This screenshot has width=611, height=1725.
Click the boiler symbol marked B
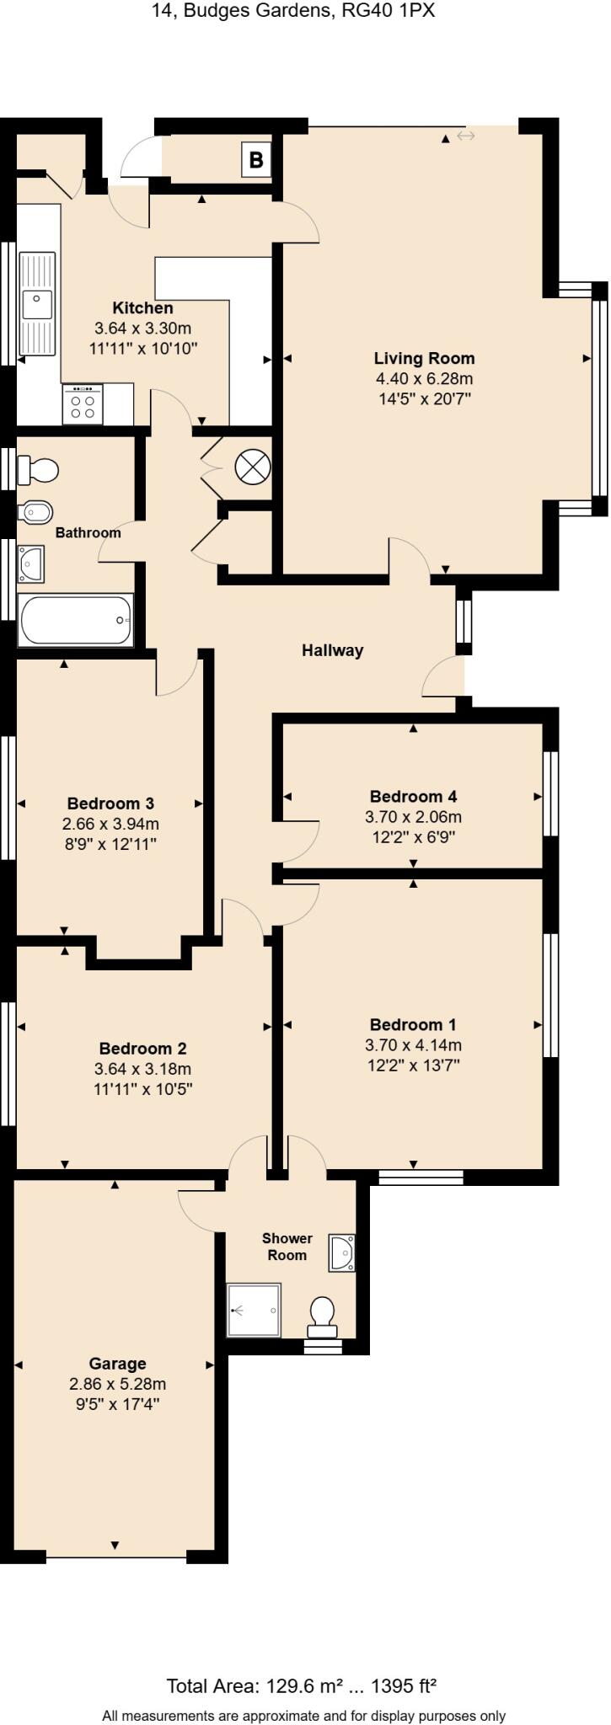click(x=256, y=159)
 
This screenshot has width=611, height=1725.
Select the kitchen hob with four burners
click(x=83, y=404)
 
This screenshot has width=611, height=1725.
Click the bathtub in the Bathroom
click(x=76, y=620)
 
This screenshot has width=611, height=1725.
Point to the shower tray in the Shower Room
click(x=254, y=1310)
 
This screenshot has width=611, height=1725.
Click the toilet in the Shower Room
click(x=322, y=1316)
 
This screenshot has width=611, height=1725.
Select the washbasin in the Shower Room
click(x=343, y=1252)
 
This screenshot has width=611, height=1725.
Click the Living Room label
click(x=424, y=358)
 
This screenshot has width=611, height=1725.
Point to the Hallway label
click(x=333, y=650)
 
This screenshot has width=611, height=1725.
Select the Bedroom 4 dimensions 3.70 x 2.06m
click(x=413, y=817)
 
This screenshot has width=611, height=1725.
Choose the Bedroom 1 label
click(x=413, y=1024)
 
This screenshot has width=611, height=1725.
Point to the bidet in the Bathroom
click(x=36, y=511)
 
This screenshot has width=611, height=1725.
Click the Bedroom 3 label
click(x=110, y=803)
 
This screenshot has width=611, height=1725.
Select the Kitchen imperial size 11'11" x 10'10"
click(x=143, y=348)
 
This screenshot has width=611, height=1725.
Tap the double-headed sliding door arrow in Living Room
click(x=466, y=136)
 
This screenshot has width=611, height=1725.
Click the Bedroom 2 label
click(x=142, y=1048)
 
